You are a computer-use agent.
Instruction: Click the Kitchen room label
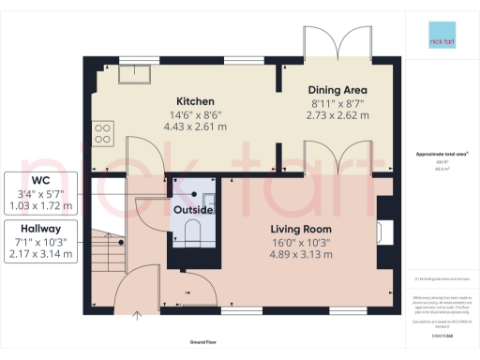(197, 101)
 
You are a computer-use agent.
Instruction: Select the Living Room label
(301, 230)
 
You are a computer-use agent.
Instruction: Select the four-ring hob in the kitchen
(102, 132)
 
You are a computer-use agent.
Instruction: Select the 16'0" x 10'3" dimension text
(301, 244)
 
